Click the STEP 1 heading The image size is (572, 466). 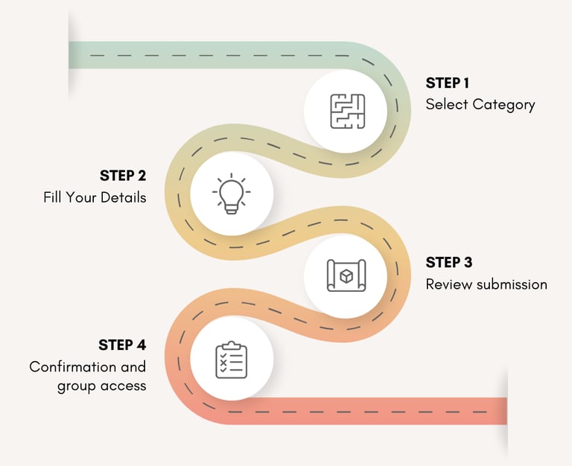click(448, 83)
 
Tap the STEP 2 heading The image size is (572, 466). click(123, 176)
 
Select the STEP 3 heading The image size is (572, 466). click(449, 262)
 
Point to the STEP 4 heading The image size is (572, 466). click(122, 345)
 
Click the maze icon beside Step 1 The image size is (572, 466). click(347, 111)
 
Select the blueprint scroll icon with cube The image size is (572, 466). click(347, 276)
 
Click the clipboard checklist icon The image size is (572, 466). click(231, 360)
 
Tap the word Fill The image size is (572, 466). click(53, 198)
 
